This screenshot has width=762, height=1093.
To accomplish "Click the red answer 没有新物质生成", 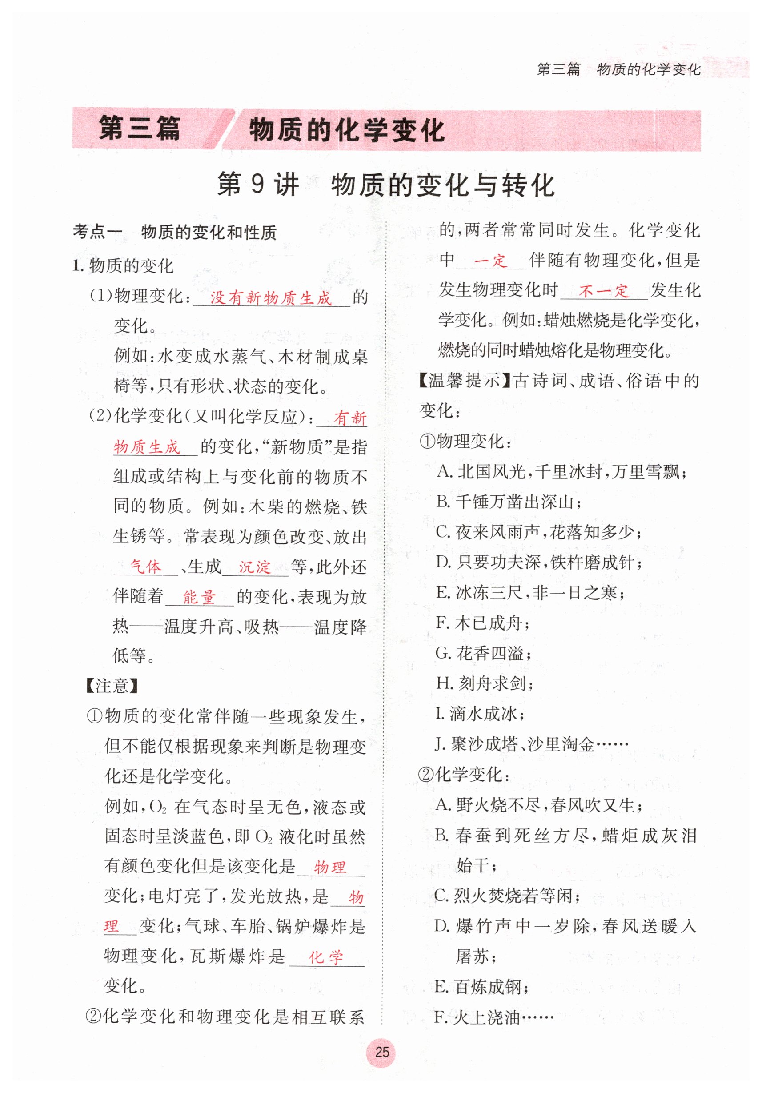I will click(270, 298).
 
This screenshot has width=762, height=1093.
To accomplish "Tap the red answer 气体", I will click(146, 567).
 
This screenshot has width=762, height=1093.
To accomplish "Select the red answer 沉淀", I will click(255, 567).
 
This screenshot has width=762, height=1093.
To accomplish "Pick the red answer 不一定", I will click(603, 291).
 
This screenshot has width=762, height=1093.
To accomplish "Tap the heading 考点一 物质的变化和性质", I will click(174, 233).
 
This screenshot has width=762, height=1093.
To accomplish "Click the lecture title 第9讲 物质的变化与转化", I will click(385, 185).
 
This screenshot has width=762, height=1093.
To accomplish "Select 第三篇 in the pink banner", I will click(140, 129).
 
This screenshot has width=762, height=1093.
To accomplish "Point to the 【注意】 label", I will click(112, 686).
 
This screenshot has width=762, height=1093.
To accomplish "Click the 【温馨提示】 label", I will click(465, 381).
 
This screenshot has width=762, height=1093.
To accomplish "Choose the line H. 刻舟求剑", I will click(485, 683).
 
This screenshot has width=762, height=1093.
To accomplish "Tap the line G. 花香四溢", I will click(484, 653).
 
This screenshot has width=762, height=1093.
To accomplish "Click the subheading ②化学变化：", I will click(464, 775).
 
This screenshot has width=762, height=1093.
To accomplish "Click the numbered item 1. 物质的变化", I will click(123, 265).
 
